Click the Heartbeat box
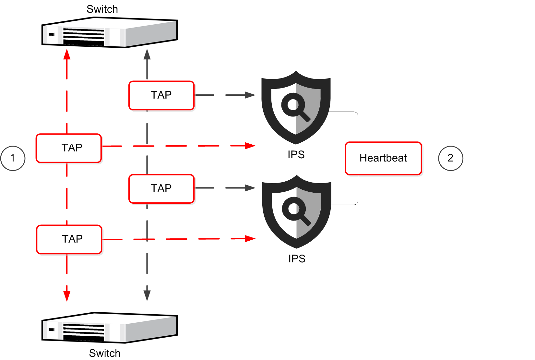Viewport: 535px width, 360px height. click(383, 158)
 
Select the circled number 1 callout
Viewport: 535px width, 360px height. click(13, 158)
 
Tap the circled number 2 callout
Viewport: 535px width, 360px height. click(450, 158)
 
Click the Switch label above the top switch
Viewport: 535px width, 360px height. click(102, 9)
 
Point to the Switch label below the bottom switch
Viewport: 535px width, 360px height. click(105, 353)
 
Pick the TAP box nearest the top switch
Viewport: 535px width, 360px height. click(161, 95)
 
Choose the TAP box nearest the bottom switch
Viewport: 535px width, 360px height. click(69, 239)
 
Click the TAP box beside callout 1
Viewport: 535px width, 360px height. click(69, 148)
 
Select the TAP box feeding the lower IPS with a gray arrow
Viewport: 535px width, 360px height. click(161, 189)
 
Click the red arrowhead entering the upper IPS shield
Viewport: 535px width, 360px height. click(250, 146)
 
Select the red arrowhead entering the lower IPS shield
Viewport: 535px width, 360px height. click(250, 239)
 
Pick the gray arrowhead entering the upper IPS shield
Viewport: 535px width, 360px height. click(250, 95)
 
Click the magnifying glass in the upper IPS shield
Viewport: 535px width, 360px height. click(295, 107)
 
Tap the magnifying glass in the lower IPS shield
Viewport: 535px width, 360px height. click(296, 211)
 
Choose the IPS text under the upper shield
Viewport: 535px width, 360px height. click(296, 155)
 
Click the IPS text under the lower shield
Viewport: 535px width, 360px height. click(297, 259)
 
